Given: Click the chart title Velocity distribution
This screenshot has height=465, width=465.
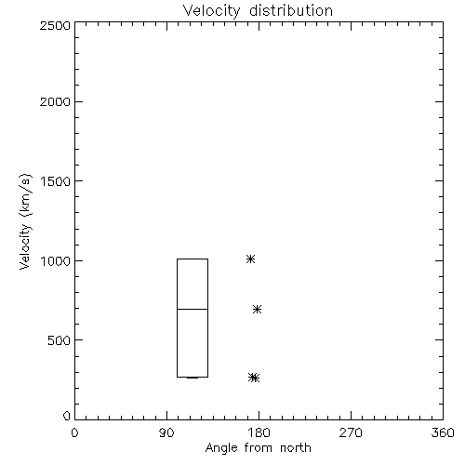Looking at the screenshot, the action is point(258,11).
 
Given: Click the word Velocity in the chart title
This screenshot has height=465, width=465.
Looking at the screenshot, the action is point(211,11).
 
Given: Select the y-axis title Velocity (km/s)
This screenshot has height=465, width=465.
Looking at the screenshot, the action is point(25,221).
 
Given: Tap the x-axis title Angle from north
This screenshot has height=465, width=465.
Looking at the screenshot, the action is point(258,448).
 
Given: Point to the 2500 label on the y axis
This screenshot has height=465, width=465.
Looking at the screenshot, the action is point(55,25).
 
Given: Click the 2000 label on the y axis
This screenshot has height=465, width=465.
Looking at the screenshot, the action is point(55,101).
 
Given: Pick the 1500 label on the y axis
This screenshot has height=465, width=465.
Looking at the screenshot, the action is point(56,181).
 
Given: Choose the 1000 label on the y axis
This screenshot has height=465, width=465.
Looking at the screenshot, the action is point(56,261).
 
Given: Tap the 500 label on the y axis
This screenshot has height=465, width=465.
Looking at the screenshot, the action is point(60,340).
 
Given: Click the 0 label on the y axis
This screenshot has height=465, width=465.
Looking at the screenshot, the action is point(67,416).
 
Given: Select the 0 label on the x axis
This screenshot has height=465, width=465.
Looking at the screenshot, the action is point(74,432).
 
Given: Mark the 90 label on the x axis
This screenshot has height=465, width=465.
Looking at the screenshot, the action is point(166,432).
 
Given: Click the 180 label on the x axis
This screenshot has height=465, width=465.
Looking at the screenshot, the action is point(259,432).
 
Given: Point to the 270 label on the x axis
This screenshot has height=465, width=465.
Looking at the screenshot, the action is point(351,432).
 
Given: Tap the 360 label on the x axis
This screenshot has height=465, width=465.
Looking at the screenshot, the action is point(443,432).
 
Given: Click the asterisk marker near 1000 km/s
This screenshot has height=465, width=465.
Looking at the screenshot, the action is point(250,259).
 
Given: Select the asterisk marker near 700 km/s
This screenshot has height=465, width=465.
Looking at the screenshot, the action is point(257,309).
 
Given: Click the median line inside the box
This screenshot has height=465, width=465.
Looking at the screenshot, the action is point(193,309).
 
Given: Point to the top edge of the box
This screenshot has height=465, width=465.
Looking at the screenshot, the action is point(193,259).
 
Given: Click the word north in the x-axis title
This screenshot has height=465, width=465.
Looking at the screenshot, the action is point(296,448).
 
